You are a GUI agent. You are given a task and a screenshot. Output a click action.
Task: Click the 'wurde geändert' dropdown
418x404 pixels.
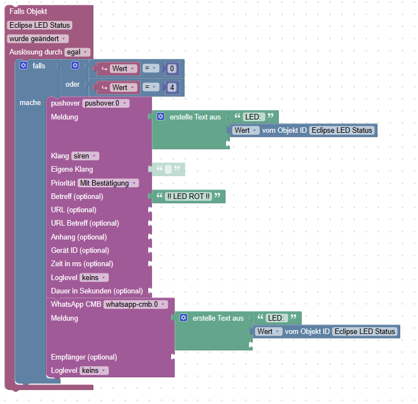pyautogui.click(x=38, y=39)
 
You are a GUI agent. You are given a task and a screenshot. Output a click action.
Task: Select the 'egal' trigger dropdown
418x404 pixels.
pyautogui.click(x=77, y=52)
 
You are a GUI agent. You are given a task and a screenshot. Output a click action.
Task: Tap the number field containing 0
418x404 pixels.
pyautogui.click(x=172, y=69)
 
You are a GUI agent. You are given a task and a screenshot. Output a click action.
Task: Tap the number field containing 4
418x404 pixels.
pyautogui.click(x=172, y=87)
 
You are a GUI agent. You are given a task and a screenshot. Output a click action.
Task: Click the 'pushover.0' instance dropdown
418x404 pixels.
pyautogui.click(x=105, y=103)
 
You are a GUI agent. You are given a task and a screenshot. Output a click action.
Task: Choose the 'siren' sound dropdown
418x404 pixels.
pyautogui.click(x=85, y=156)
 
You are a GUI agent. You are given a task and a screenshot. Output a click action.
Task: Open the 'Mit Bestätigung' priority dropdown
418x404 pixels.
pyautogui.click(x=108, y=183)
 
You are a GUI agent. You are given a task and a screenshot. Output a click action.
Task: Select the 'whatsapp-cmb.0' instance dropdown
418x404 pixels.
pyautogui.click(x=135, y=305)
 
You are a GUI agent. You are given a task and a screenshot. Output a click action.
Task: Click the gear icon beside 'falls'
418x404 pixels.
pyautogui.click(x=23, y=66)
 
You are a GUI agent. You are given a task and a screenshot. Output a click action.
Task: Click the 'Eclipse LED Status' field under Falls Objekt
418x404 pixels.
pyautogui.click(x=40, y=25)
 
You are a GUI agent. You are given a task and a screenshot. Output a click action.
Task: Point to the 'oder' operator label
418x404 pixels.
pyautogui.click(x=73, y=84)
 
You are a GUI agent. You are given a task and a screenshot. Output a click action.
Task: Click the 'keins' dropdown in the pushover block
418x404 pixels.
pyautogui.click(x=94, y=277)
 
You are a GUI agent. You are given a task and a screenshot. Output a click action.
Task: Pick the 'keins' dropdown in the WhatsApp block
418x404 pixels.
pyautogui.click(x=94, y=370)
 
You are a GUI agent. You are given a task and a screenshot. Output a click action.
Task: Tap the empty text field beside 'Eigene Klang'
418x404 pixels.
pyautogui.click(x=168, y=169)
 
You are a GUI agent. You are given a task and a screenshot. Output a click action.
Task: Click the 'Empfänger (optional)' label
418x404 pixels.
pyautogui.click(x=84, y=357)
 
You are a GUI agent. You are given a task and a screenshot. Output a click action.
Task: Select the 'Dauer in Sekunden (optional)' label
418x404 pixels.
pyautogui.click(x=97, y=291)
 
